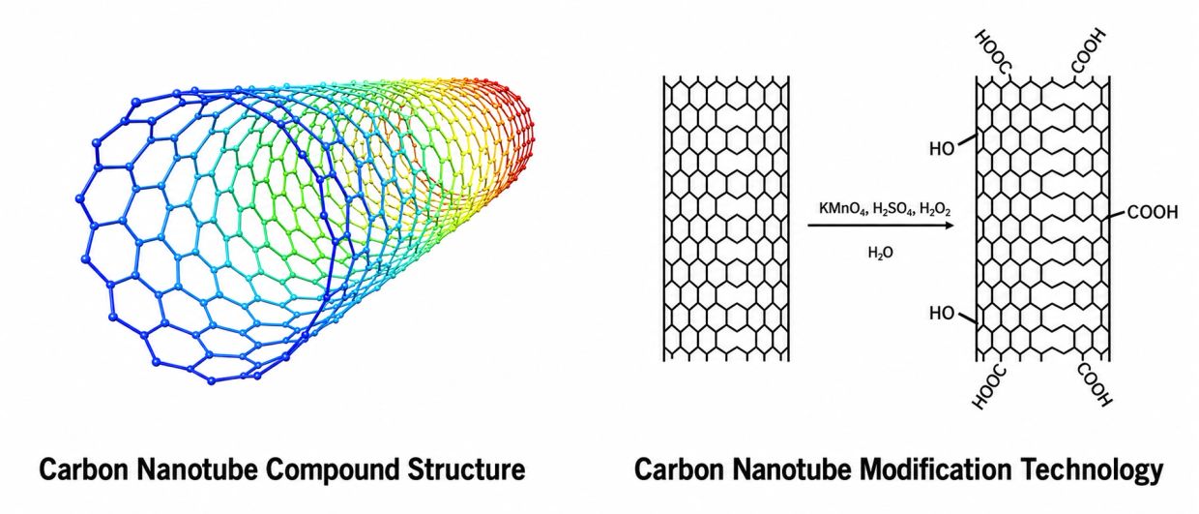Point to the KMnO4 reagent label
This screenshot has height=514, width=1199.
pos(842,209)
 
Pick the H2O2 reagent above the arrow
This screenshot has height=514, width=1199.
pos(935,209)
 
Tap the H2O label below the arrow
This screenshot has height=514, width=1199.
pos(881,253)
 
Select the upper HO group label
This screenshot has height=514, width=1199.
pos(942,148)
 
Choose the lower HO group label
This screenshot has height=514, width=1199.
pos(942,313)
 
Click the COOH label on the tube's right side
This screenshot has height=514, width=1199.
pos(1153,212)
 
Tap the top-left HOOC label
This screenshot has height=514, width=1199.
pos(993,51)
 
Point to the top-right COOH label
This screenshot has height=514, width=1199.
pos(1088,51)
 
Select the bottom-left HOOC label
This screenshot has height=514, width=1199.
pos(989,387)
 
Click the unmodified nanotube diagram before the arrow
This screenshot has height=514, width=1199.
pos(726,218)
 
